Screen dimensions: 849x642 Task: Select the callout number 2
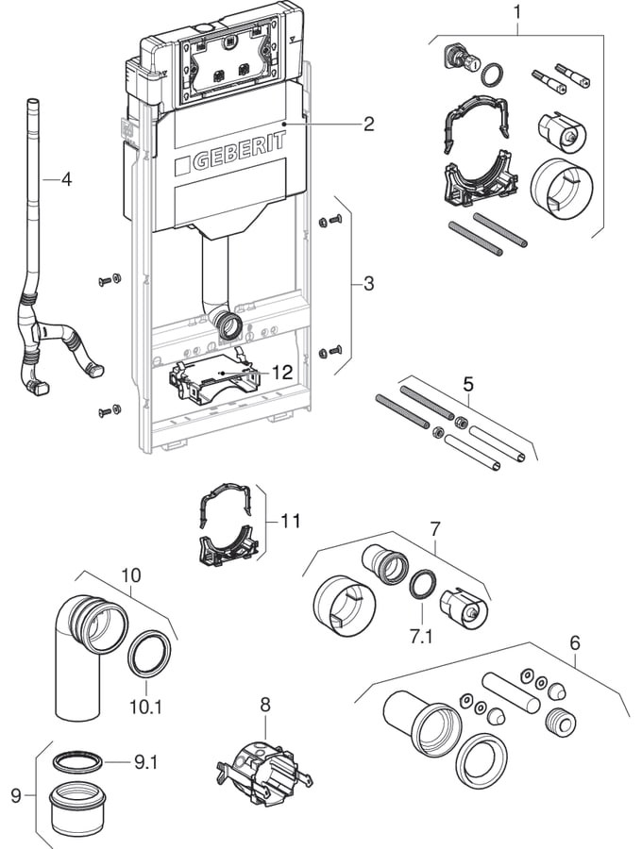click(x=368, y=124)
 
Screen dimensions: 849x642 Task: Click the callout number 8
click(x=265, y=703)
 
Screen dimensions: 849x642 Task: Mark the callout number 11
click(x=291, y=519)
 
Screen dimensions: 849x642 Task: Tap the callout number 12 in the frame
click(x=282, y=373)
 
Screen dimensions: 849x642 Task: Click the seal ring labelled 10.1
click(x=149, y=655)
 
